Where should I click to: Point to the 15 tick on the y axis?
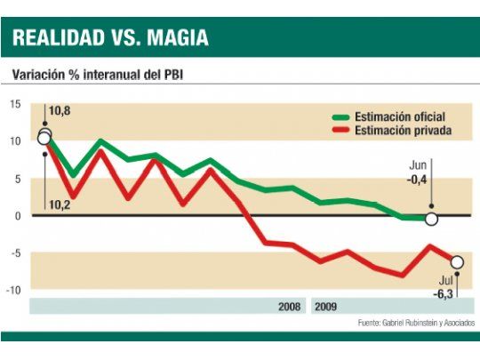(15, 104)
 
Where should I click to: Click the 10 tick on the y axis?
(15, 141)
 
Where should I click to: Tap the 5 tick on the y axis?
(17, 179)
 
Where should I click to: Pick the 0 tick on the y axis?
(17, 216)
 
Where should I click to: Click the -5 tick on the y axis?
(15, 253)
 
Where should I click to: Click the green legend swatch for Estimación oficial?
(340, 116)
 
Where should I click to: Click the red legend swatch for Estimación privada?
(340, 131)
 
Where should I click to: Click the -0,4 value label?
(418, 179)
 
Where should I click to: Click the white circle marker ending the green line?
(432, 219)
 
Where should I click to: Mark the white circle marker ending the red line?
(457, 261)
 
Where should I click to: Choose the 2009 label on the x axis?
(326, 306)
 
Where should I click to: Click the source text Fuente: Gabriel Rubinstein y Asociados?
(416, 322)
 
